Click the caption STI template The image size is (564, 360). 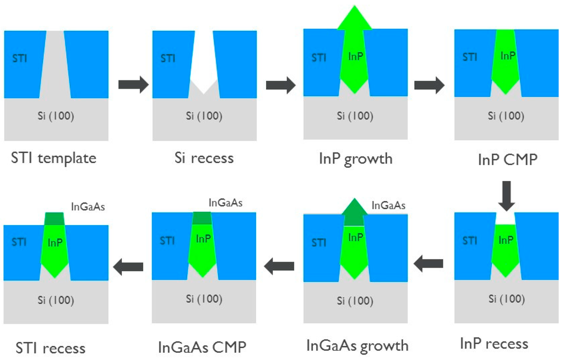[x=53, y=159]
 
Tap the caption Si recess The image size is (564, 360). [x=204, y=159]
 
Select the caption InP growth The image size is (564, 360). [x=355, y=159]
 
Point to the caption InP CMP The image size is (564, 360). [x=507, y=160]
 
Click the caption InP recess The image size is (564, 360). [x=494, y=344]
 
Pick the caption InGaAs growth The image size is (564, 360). [x=357, y=346]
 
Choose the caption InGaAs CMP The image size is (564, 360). [x=202, y=347]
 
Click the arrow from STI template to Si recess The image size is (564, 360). [x=133, y=84]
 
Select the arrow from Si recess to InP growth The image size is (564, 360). [x=281, y=85]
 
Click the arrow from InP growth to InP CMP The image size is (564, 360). [x=429, y=85]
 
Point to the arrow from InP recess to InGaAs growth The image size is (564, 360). [x=429, y=264]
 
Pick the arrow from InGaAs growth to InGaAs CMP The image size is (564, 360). [x=279, y=266]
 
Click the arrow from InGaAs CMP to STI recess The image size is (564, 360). [x=128, y=267]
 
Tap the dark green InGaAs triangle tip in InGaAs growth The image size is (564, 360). [x=354, y=208]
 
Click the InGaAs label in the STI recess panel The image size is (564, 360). [x=88, y=207]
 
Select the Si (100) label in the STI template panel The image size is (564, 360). [x=56, y=116]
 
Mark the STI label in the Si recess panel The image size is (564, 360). [x=168, y=58]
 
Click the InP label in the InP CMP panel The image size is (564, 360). [x=508, y=56]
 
